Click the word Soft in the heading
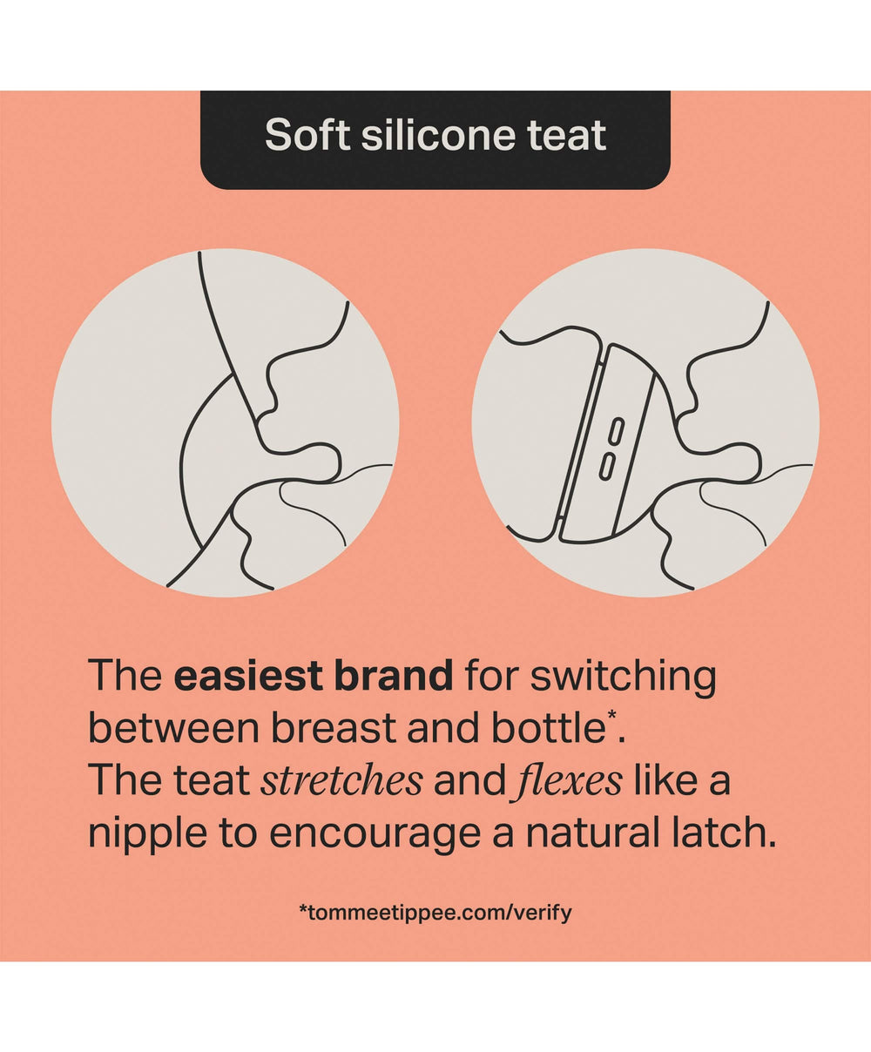(307, 134)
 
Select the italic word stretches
(341, 779)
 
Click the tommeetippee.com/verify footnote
(435, 913)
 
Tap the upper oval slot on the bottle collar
(617, 431)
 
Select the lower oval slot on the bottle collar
(607, 466)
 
